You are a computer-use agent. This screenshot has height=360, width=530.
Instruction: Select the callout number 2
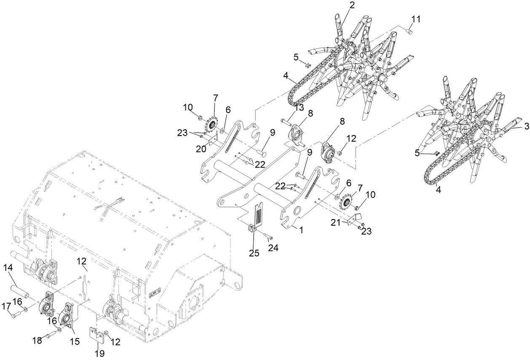352,5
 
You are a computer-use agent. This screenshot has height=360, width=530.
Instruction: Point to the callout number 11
416,19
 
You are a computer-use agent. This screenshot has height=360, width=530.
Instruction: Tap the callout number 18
37,340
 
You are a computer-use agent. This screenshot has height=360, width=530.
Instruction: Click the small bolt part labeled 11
410,30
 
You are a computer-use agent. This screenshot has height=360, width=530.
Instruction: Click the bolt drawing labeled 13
286,122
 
